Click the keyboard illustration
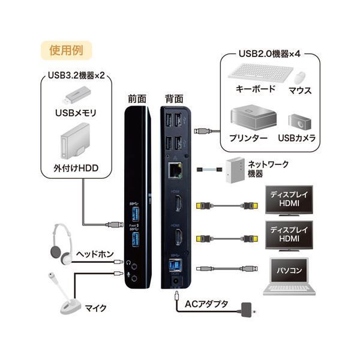point(254,73)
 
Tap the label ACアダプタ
point(206,304)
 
